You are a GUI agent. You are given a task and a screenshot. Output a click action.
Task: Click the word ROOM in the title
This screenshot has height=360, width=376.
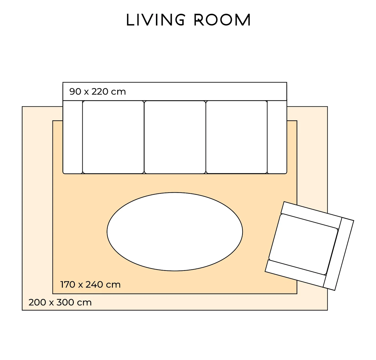click(222, 20)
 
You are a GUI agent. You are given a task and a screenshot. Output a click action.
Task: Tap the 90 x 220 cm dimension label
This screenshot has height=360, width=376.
click(98, 91)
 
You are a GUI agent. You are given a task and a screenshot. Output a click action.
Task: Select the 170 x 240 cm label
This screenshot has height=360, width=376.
click(90, 284)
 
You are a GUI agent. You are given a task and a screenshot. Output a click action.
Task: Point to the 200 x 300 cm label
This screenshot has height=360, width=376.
click(60, 302)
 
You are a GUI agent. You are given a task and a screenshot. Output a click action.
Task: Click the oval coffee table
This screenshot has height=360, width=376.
click(175, 232)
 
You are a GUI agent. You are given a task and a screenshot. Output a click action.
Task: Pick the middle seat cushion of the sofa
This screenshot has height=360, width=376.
click(175, 137)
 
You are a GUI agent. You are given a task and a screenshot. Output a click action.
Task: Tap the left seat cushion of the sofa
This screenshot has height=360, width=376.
click(113, 137)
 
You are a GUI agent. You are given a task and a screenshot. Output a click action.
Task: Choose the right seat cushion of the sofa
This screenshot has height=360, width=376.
click(237, 137)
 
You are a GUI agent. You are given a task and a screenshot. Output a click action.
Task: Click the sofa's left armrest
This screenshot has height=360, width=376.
click(73, 137)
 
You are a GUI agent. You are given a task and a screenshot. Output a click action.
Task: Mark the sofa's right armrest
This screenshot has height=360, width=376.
click(277, 137)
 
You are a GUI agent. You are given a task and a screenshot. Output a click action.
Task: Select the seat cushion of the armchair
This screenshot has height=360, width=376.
click(303, 244)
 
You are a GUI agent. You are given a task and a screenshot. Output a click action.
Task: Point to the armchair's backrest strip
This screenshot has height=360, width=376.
click(339, 254)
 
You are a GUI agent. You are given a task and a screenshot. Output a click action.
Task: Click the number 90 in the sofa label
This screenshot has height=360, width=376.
click(75, 91)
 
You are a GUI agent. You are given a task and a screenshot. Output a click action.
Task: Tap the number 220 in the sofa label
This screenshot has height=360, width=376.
click(100, 91)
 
